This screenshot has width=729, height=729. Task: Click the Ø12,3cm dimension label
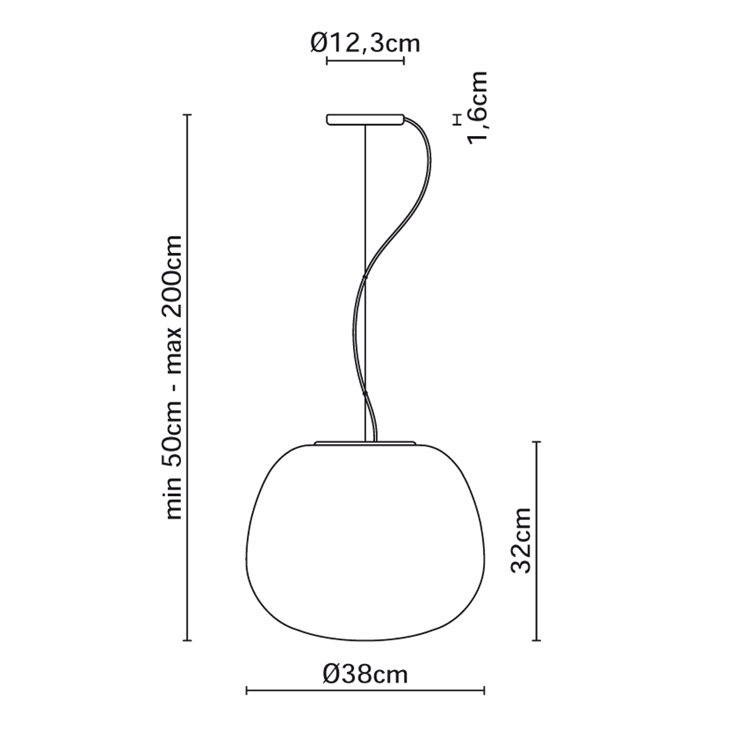[365, 44]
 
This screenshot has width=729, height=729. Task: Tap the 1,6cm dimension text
[477, 108]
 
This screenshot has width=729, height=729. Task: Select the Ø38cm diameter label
[366, 685]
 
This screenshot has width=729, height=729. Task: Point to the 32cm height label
[521, 541]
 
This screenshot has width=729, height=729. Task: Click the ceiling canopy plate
[366, 119]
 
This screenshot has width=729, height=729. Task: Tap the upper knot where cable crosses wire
[365, 277]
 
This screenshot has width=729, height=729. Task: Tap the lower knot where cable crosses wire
[365, 394]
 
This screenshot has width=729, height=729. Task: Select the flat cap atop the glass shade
[365, 442]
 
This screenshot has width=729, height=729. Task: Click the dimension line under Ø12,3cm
[365, 61]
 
